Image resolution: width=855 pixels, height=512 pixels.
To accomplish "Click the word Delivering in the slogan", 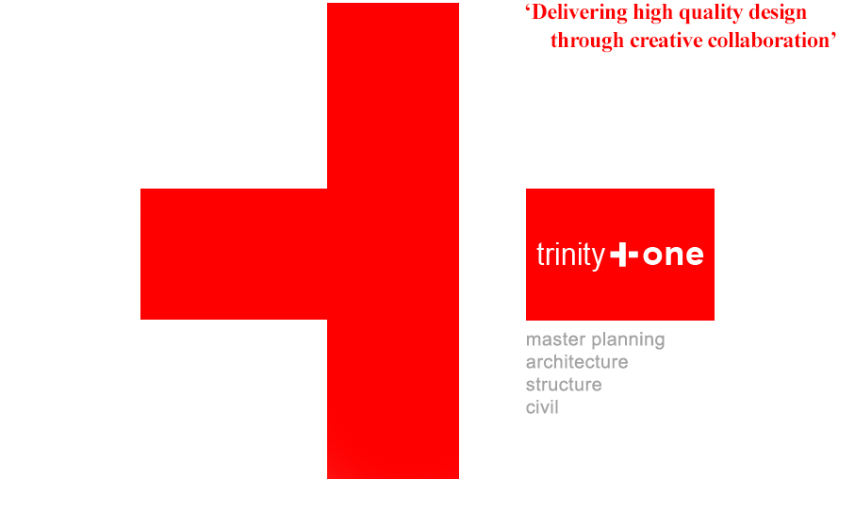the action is [580, 13].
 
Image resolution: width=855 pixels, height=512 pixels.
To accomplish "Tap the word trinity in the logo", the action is [571, 256].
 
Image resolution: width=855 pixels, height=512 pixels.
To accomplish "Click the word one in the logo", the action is [673, 256].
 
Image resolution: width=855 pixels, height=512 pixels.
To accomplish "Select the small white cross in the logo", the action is [624, 256].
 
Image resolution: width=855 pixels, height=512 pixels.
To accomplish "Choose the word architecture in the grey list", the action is [577, 362].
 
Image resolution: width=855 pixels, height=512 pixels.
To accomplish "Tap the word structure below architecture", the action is [564, 385].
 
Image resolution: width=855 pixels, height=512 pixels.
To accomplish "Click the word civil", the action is [542, 407].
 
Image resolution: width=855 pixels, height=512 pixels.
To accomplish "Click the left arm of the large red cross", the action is [234, 254].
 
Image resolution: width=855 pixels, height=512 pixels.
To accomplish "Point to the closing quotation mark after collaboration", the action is [833, 36].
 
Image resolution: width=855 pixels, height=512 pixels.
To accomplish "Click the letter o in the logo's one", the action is [652, 256].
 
